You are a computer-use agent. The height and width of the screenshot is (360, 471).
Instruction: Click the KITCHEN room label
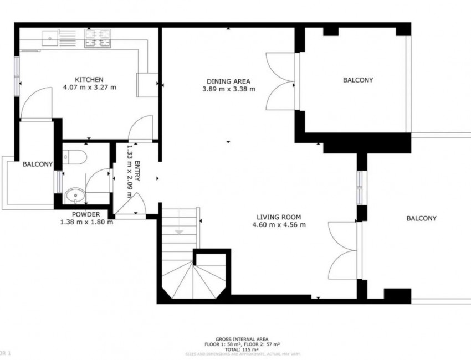(x=89, y=80)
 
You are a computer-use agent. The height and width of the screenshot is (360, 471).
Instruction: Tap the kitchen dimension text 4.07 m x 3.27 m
(x=89, y=88)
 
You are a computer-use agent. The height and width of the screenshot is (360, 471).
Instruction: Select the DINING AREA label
(x=229, y=80)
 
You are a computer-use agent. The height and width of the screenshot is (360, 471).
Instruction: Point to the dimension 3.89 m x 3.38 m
(x=229, y=88)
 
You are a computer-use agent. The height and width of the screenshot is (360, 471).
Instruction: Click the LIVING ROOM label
(x=279, y=217)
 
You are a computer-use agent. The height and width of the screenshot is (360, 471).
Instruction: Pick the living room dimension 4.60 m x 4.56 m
(x=279, y=225)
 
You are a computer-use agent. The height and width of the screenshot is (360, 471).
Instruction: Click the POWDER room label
(x=86, y=215)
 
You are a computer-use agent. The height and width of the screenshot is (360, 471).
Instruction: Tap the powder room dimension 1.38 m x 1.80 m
(x=86, y=222)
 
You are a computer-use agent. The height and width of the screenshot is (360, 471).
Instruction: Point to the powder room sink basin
(x=73, y=195)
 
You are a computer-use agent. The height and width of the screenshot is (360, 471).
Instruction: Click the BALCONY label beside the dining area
(x=357, y=80)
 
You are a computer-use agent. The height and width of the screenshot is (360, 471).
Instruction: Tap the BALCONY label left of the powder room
(x=37, y=164)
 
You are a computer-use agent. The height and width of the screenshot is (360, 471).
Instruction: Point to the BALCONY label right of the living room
(x=421, y=219)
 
